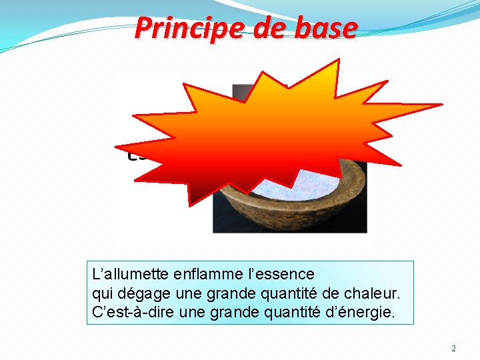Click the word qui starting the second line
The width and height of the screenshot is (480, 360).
(103, 293)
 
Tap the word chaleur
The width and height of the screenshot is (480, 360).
(373, 293)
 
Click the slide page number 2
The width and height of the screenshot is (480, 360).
(453, 348)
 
